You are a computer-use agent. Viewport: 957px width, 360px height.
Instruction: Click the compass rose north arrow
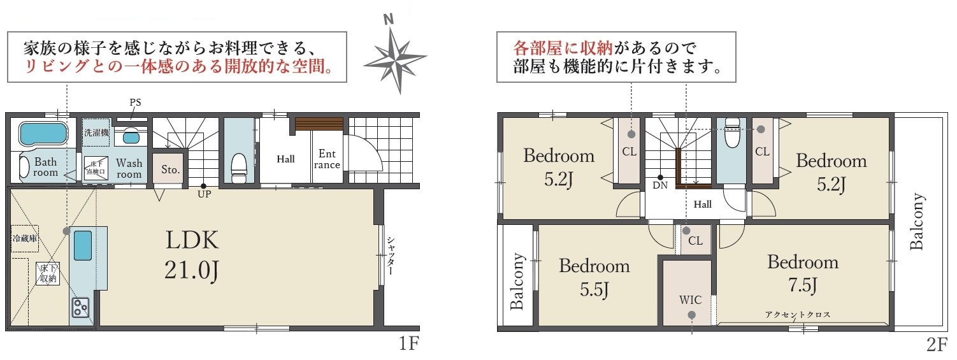[396, 55]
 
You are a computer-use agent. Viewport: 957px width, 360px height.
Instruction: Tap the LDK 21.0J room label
[192, 255]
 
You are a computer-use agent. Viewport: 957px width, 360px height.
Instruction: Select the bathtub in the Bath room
[43, 133]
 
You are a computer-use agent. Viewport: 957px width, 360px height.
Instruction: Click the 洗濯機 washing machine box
[96, 133]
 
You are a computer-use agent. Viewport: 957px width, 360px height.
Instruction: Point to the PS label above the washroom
[136, 103]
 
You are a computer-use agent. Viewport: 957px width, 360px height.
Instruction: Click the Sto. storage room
[171, 169]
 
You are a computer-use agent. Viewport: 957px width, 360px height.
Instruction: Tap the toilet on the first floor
[239, 168]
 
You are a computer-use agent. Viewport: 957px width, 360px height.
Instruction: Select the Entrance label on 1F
[327, 159]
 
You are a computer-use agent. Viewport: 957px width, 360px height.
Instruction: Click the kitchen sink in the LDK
[83, 245]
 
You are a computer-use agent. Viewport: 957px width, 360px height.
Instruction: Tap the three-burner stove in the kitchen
[80, 306]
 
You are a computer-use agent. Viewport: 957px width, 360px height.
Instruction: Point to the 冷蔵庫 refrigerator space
[24, 238]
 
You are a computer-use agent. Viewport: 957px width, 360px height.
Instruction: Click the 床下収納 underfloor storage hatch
[48, 273]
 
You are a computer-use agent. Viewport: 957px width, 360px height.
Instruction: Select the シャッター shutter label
[391, 256]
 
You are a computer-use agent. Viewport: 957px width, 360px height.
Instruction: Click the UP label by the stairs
[205, 194]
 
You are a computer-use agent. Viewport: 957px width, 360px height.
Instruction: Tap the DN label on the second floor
[660, 185]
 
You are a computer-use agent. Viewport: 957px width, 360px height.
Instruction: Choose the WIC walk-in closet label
[691, 299]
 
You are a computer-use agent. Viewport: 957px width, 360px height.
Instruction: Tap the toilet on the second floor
[732, 134]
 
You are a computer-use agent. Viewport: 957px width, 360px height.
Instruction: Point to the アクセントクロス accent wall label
[798, 315]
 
